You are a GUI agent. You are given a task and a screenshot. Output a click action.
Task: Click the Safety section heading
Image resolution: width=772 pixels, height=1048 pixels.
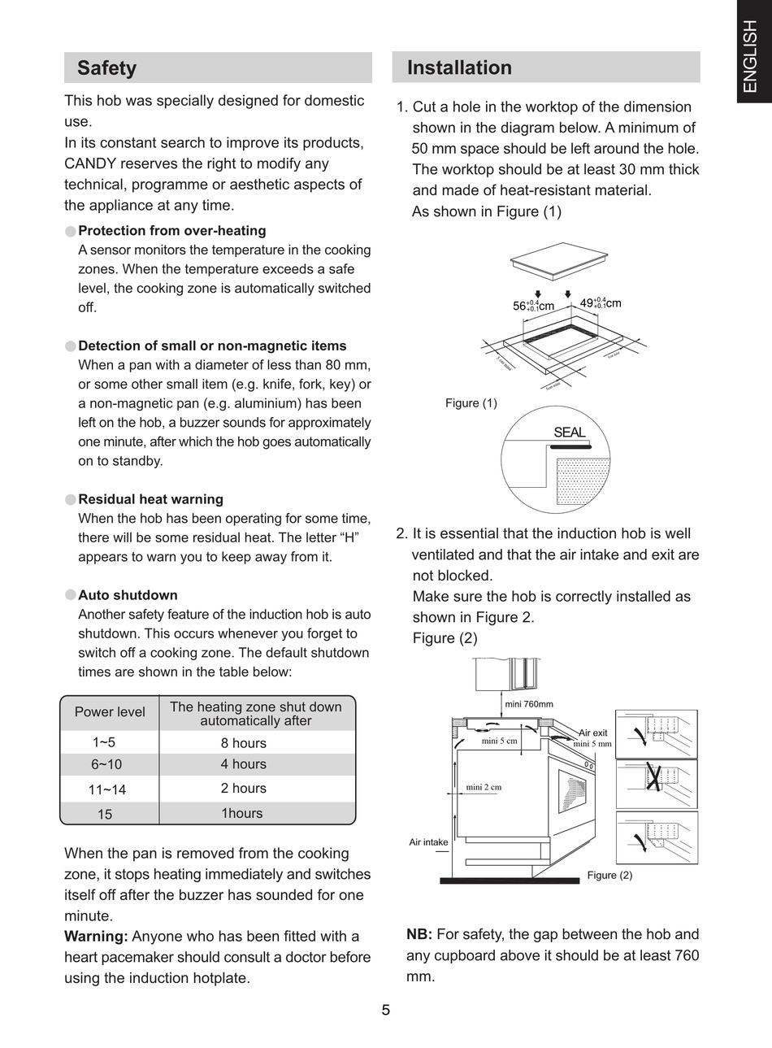pyautogui.click(x=106, y=67)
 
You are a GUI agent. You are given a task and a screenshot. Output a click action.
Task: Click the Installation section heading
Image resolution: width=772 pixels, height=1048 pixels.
pyautogui.click(x=459, y=67)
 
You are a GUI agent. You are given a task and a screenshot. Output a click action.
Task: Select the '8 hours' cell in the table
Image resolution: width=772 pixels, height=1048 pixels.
pyautogui.click(x=243, y=743)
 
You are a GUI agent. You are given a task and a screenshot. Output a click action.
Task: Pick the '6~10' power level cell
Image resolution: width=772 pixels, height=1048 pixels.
pyautogui.click(x=106, y=764)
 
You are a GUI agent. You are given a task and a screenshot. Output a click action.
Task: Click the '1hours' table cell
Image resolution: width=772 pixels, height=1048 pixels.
pyautogui.click(x=242, y=813)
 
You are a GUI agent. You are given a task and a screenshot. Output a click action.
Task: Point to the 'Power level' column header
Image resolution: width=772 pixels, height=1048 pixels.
pyautogui.click(x=110, y=712)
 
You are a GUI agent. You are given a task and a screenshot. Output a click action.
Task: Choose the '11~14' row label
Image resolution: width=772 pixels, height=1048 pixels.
pyautogui.click(x=107, y=789)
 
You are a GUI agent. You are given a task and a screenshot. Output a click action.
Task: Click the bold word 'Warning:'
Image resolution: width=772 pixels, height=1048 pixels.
pyautogui.click(x=96, y=937)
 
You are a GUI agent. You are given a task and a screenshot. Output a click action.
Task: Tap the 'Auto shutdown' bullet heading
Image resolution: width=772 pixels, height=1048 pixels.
pyautogui.click(x=128, y=595)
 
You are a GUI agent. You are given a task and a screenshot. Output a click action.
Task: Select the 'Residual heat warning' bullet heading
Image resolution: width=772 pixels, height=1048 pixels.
pyautogui.click(x=150, y=499)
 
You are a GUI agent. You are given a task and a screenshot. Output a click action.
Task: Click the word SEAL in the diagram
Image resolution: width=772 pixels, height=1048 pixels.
pyautogui.click(x=569, y=433)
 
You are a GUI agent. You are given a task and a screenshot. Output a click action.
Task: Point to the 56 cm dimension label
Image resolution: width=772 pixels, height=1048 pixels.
pyautogui.click(x=533, y=306)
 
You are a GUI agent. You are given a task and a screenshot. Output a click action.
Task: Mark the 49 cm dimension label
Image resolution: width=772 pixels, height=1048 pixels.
pyautogui.click(x=601, y=303)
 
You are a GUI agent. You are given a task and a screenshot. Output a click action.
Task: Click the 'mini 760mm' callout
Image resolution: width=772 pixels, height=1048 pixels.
pyautogui.click(x=529, y=704)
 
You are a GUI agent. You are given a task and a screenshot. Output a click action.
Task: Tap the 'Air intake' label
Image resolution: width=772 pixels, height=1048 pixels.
pyautogui.click(x=428, y=842)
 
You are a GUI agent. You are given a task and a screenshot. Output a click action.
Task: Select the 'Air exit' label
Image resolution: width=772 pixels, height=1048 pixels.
pyautogui.click(x=593, y=733)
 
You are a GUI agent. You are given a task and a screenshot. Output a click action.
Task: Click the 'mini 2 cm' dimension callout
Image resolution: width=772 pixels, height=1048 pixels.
pyautogui.click(x=484, y=787)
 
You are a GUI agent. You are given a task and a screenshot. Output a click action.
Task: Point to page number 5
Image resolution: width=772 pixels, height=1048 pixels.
pyautogui.click(x=386, y=1011)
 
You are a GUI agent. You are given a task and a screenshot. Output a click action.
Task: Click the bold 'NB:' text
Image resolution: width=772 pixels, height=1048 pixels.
pyautogui.click(x=419, y=935)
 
